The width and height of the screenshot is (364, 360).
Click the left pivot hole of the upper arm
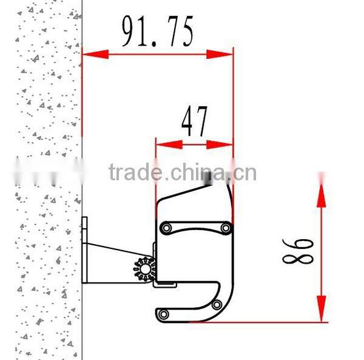tap(164, 228)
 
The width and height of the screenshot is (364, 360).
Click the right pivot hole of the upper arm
tap(226, 228)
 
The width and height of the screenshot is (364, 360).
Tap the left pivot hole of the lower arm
tap(163, 314)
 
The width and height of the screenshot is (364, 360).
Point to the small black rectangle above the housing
tap(209, 178)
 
